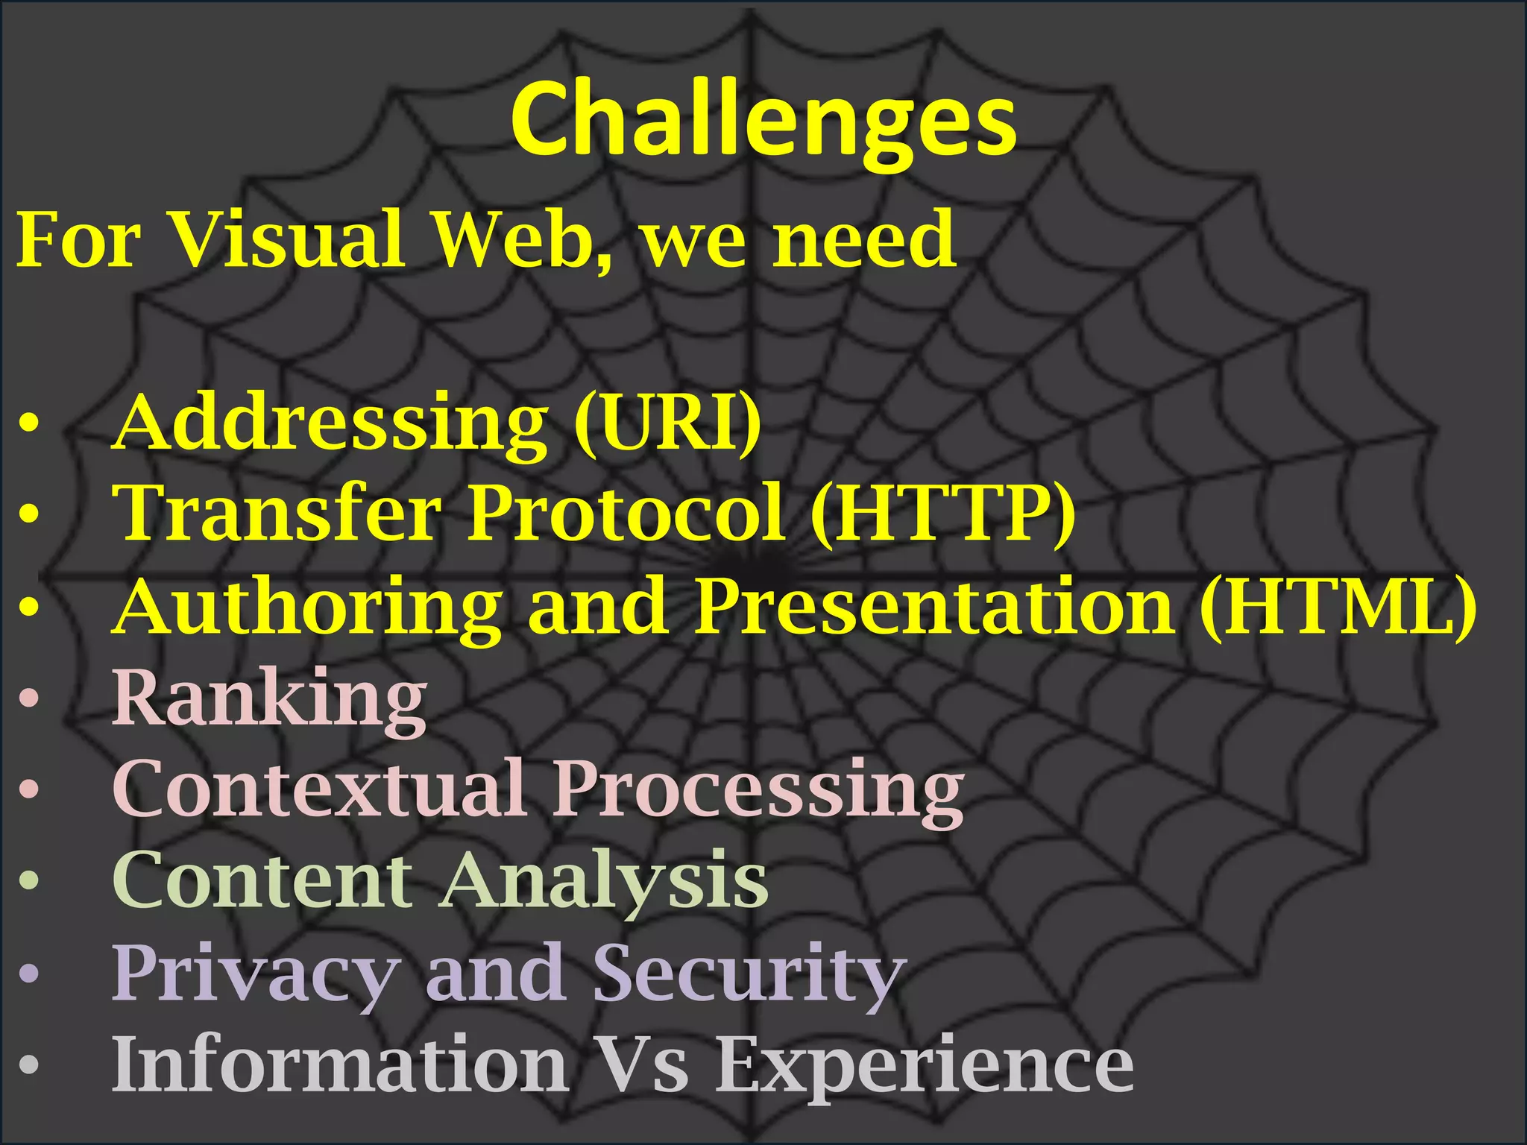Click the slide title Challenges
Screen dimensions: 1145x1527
(x=763, y=121)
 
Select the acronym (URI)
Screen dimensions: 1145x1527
(x=667, y=423)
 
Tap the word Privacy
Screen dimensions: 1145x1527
(x=254, y=974)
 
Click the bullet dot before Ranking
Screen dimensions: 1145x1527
(x=28, y=699)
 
